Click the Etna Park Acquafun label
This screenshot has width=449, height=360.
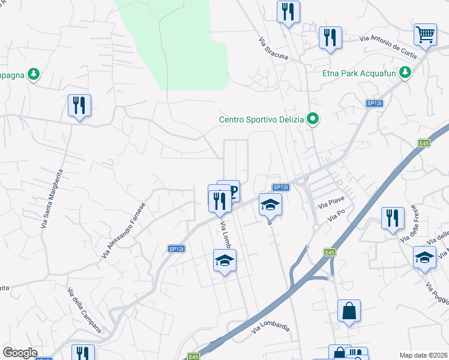pyautogui.click(x=360, y=73)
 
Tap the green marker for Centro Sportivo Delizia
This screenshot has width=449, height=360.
pyautogui.click(x=312, y=119)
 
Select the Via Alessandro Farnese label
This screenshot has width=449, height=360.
pyautogui.click(x=124, y=230)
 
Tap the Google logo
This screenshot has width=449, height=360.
pyautogui.click(x=20, y=353)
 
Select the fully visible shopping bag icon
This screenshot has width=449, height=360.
pyautogui.click(x=349, y=311)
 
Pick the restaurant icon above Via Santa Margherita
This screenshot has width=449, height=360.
pyautogui.click(x=79, y=106)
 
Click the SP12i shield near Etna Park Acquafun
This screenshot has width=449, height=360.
pyautogui.click(x=374, y=104)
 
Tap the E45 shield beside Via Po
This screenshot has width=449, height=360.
pyautogui.click(x=330, y=253)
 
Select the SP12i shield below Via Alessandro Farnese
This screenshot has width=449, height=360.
pyautogui.click(x=176, y=249)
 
